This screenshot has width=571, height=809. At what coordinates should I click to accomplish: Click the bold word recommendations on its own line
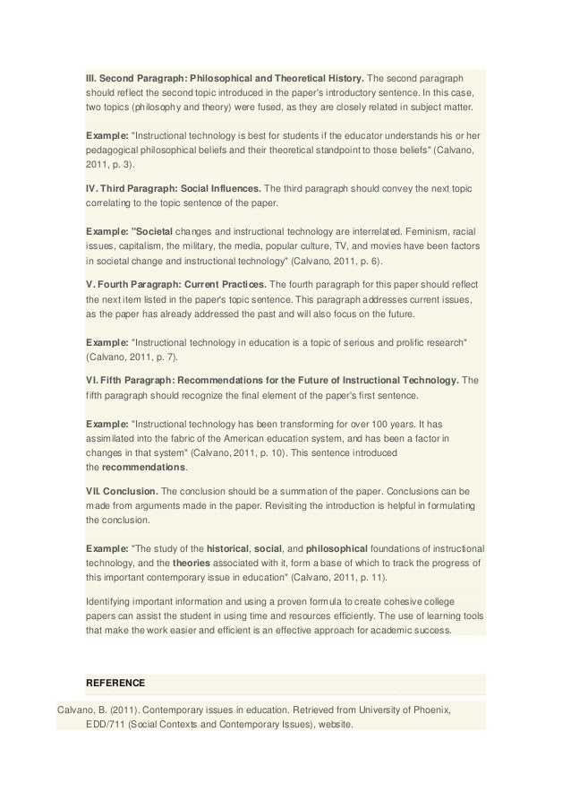[x=144, y=468]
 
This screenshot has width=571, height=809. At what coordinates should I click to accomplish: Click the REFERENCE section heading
[x=117, y=681]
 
